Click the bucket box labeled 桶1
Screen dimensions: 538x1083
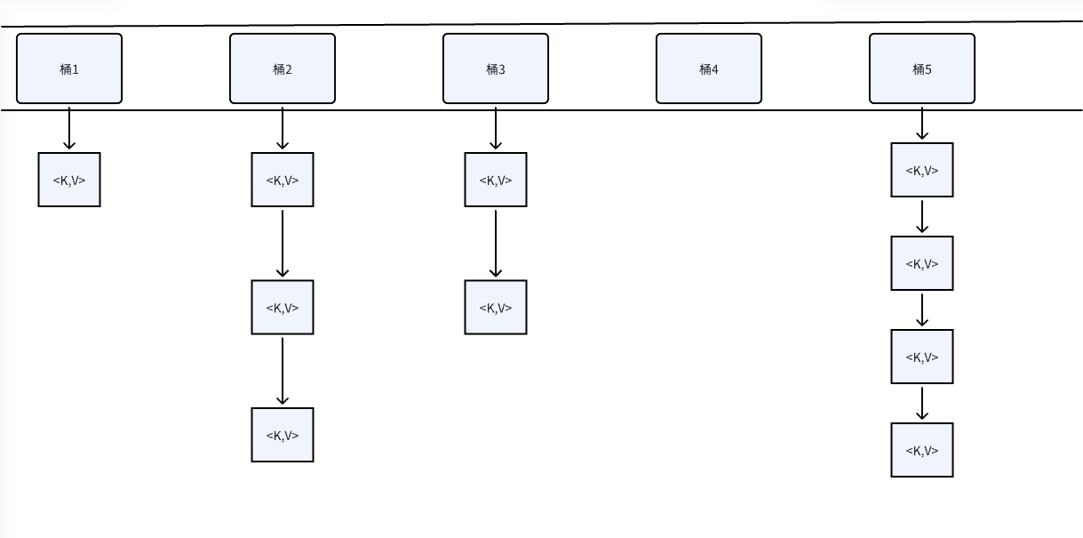point(69,68)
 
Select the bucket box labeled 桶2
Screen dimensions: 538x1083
point(283,68)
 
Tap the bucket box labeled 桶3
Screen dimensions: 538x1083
point(496,68)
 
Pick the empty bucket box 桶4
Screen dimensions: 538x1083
point(709,68)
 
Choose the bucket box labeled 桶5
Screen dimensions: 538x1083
point(922,68)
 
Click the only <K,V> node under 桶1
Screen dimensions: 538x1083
point(69,180)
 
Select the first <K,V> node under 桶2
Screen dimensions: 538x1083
point(283,180)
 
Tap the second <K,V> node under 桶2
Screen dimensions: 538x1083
point(283,308)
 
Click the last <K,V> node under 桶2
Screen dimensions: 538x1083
point(283,435)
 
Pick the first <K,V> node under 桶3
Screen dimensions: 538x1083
point(496,180)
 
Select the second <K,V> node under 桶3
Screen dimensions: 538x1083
point(496,308)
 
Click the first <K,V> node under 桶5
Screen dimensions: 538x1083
point(922,170)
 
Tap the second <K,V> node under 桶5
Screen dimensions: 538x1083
point(922,263)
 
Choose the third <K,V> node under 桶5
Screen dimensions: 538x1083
point(922,357)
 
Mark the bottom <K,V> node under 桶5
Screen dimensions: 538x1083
point(922,450)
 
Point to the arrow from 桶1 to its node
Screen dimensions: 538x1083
point(69,128)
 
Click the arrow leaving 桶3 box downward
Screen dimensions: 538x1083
point(496,128)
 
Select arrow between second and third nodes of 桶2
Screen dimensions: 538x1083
point(283,371)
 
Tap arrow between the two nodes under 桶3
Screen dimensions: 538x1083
point(496,243)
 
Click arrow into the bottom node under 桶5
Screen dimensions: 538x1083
point(922,403)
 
